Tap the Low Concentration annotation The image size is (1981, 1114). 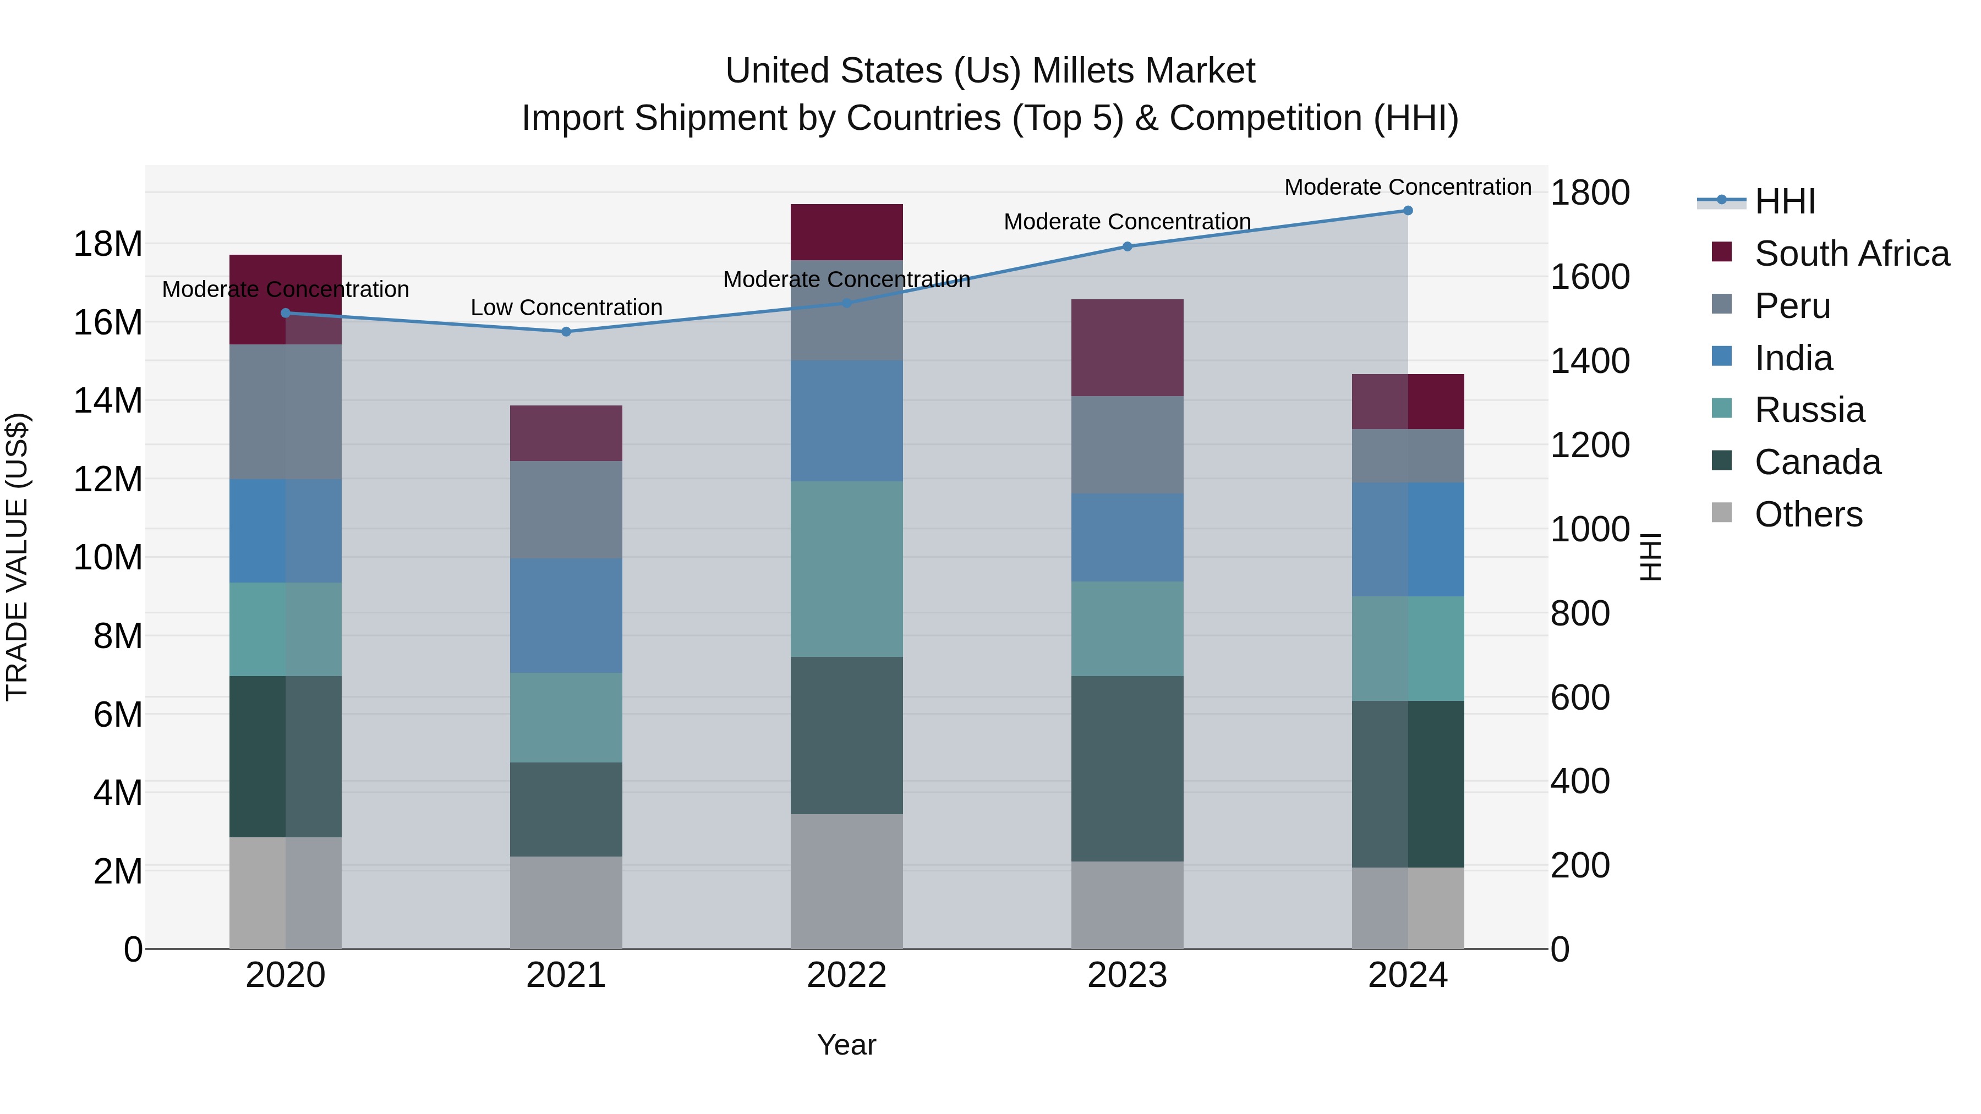click(x=566, y=308)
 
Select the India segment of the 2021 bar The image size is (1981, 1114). click(x=566, y=615)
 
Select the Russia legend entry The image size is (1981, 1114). click(x=1809, y=410)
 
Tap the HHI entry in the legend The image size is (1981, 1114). click(x=1784, y=201)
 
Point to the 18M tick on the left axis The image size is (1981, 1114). click(x=108, y=244)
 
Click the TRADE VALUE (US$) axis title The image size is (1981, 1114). click(x=17, y=557)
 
